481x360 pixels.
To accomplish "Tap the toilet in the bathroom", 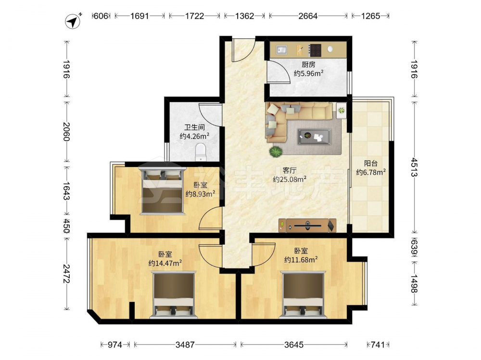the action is coord(201,152).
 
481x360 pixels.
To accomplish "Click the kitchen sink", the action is coord(281,49).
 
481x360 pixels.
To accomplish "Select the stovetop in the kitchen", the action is coord(315,50).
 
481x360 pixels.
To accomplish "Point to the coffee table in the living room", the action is coord(314,136).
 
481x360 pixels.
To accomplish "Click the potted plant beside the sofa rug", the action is coord(276,152).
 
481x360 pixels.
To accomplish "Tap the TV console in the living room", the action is coord(307,226).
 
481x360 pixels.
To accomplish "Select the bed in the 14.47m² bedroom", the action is coord(174,295).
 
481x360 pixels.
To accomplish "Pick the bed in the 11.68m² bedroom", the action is coord(304,295).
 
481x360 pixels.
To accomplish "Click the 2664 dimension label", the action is coord(308,16).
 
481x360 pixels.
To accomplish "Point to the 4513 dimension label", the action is coord(415,167).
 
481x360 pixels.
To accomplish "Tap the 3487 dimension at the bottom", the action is coord(185,345).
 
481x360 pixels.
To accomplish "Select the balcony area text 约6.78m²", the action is coord(371,172).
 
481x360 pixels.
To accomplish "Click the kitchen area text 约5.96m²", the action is coord(309,73).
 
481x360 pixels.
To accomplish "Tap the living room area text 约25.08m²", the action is coord(290,180).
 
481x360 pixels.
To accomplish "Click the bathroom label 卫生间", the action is coord(194,127).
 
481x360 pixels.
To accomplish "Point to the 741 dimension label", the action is coord(378,345).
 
